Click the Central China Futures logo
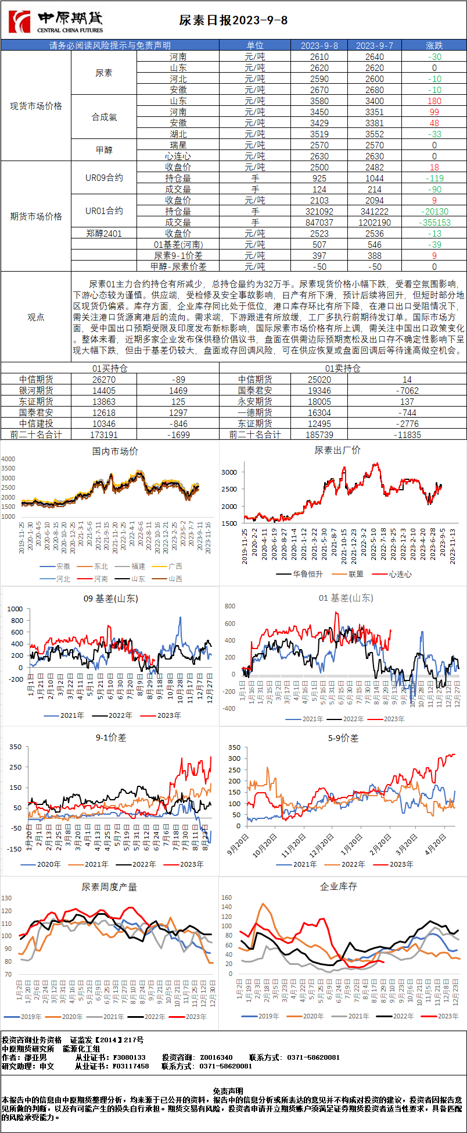click(56, 22)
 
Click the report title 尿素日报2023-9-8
click(233, 20)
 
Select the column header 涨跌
click(434, 45)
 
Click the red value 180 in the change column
click(434, 101)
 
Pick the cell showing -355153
click(434, 223)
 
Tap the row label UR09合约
click(104, 178)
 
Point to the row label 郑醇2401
click(104, 233)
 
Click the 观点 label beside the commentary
click(36, 317)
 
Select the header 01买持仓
click(110, 368)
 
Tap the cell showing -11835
click(407, 434)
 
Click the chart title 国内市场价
click(115, 451)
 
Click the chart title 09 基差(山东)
click(111, 598)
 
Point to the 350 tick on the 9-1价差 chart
click(15, 747)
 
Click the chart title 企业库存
click(339, 886)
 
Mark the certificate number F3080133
click(129, 1057)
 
